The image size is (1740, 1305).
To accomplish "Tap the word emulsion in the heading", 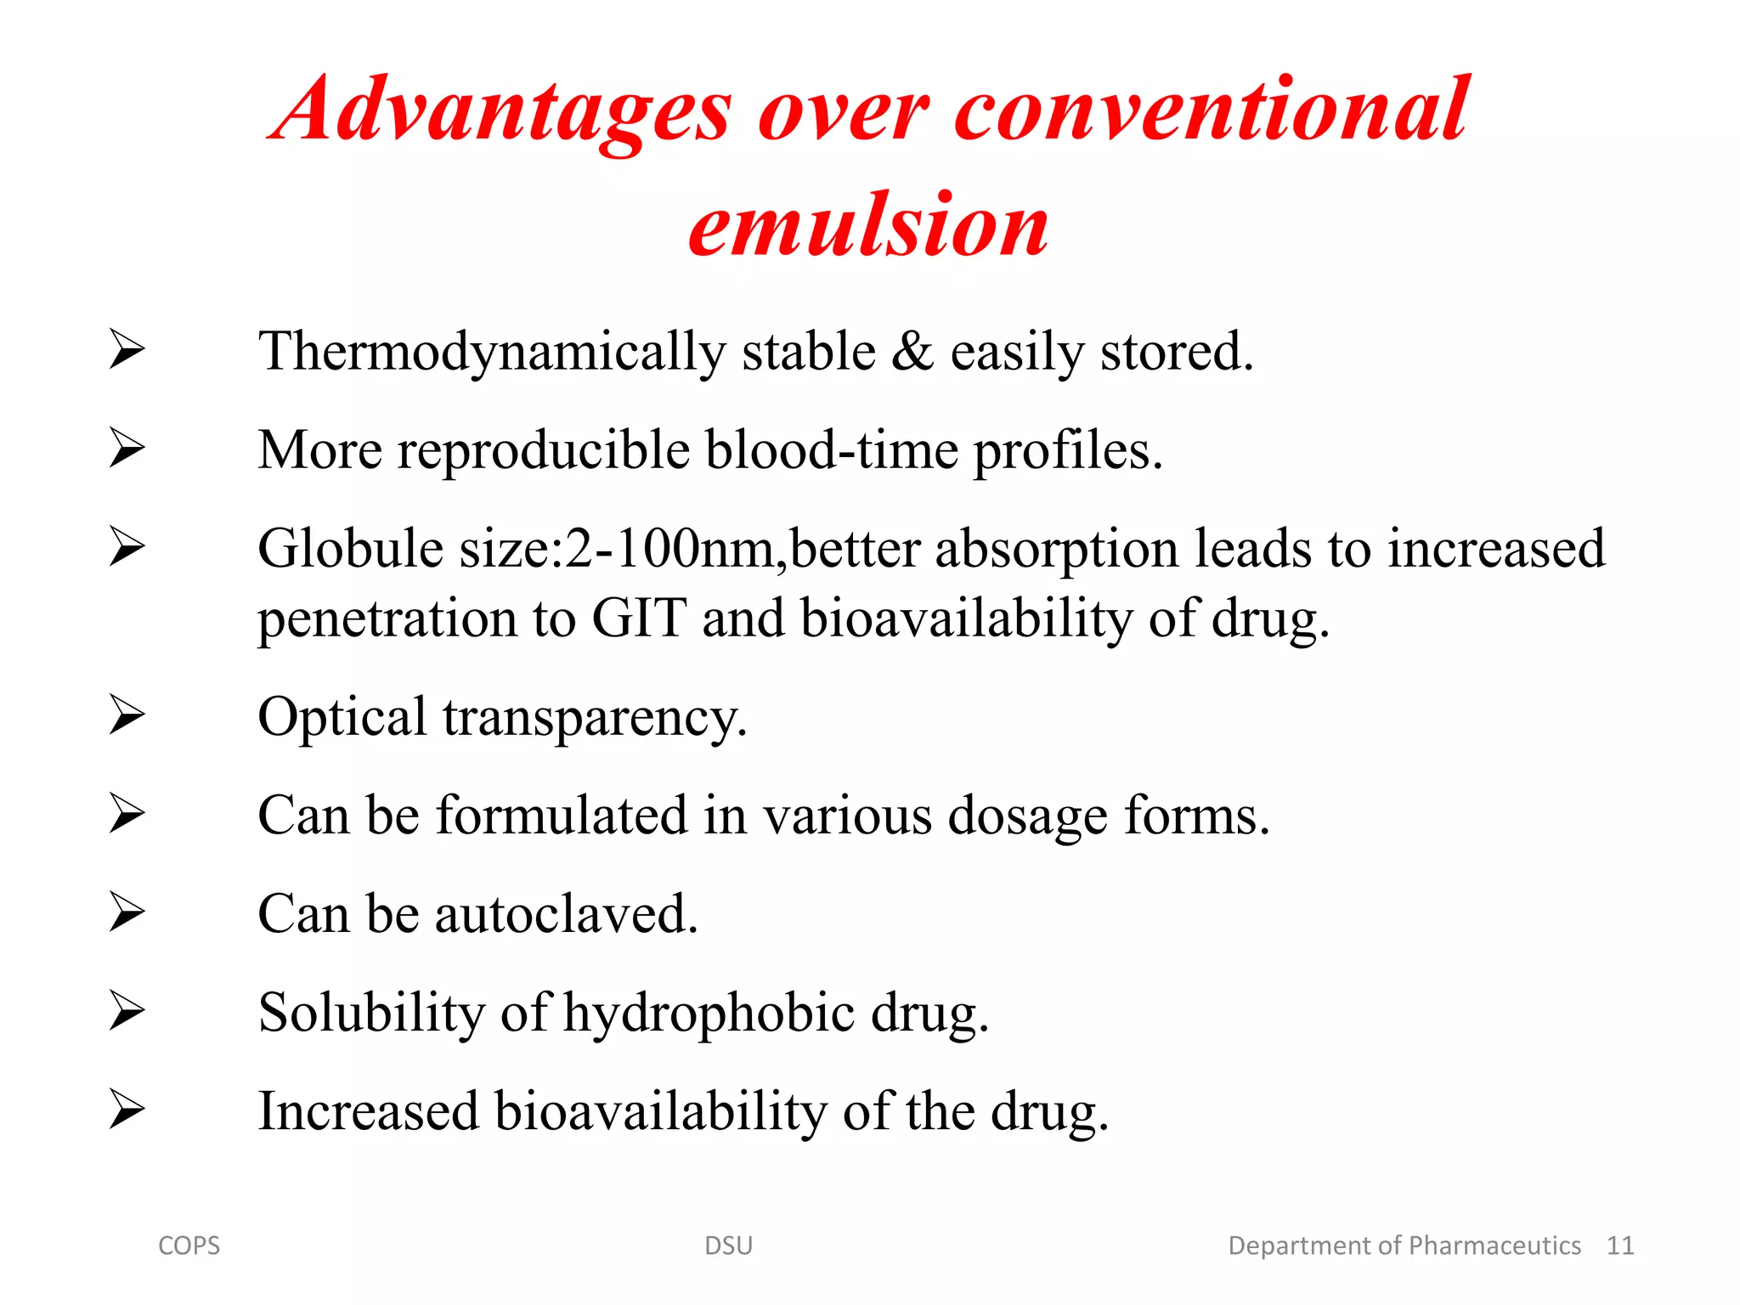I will [868, 225].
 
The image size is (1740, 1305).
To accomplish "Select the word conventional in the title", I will [1211, 110].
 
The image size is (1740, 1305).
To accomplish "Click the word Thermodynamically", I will [491, 352].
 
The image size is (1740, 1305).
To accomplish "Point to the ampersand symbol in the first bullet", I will [912, 352].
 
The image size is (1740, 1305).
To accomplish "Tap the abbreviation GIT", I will [639, 619].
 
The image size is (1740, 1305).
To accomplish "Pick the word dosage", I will [1027, 816].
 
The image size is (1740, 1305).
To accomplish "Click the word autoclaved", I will [566, 915].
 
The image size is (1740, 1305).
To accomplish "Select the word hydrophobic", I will [709, 1014].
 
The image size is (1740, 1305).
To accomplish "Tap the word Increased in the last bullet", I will [369, 1111].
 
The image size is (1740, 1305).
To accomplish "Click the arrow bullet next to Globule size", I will [127, 545].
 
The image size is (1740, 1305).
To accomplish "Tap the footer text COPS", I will [189, 1246].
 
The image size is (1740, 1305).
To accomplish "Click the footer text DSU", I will [728, 1246].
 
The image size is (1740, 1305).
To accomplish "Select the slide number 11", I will [1619, 1246].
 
